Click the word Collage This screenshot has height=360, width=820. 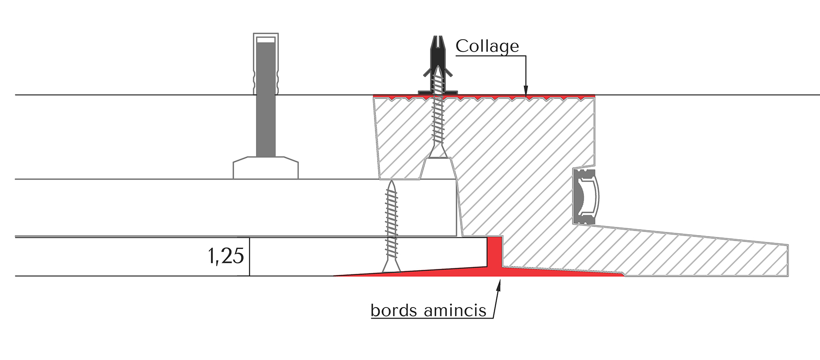pos(487,46)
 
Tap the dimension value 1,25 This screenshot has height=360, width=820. pos(226,256)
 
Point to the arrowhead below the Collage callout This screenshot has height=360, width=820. pos(526,93)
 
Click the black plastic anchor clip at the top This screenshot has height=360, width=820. pos(437,64)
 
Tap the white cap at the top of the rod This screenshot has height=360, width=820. pos(266,40)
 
